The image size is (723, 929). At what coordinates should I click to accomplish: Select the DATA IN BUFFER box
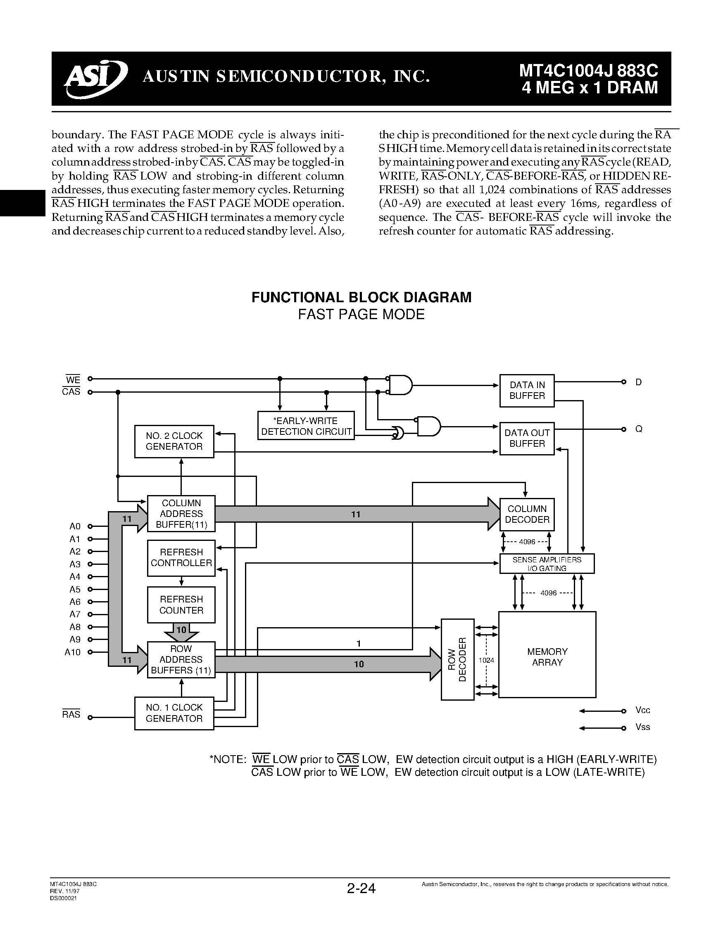click(x=527, y=391)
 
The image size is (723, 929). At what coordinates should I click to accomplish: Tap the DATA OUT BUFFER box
click(x=527, y=438)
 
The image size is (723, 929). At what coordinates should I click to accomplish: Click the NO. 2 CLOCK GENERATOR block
click(x=174, y=441)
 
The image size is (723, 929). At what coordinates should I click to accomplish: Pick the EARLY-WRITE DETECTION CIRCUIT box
click(x=306, y=426)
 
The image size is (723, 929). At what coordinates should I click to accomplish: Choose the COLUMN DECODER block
click(x=527, y=514)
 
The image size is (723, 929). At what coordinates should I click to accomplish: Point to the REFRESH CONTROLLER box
click(x=181, y=558)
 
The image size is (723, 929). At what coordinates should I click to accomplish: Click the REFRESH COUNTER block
click(x=181, y=604)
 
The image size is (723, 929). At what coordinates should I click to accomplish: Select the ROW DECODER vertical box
click(x=457, y=659)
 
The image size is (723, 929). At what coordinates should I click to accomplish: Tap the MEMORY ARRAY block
click(x=547, y=657)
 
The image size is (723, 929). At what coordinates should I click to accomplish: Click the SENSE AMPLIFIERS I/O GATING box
click(x=547, y=564)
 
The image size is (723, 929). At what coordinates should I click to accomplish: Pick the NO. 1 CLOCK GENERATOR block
click(x=174, y=713)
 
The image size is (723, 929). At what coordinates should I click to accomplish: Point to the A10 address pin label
click(x=72, y=652)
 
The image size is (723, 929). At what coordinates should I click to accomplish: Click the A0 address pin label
click(x=75, y=526)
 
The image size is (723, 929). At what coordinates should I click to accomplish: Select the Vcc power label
click(x=642, y=710)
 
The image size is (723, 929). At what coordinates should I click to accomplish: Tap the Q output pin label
click(x=639, y=429)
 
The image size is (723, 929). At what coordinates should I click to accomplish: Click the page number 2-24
click(x=361, y=889)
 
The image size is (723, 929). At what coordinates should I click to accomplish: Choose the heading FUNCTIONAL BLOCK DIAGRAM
click(x=361, y=297)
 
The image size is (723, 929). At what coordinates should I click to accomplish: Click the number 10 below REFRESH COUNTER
click(x=181, y=630)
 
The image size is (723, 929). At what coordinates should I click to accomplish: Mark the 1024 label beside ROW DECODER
click(x=486, y=660)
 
